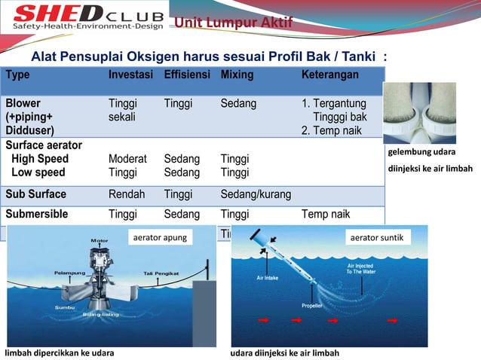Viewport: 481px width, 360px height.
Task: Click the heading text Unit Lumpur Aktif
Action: coord(233,20)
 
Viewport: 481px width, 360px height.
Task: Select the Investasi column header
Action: coord(130,75)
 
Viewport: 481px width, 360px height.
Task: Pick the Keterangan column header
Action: coord(329,75)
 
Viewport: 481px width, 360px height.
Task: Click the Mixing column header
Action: coord(237,75)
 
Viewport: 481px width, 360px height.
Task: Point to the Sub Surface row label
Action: coord(35,194)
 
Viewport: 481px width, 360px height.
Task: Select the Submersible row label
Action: coord(37,214)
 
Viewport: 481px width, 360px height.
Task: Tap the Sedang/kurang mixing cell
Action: coord(256,194)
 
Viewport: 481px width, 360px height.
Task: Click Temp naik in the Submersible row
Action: coord(326,214)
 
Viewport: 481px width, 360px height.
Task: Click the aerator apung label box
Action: coord(159,238)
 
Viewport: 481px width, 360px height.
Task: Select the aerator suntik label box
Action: coord(378,238)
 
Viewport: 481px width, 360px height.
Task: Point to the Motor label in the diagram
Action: coord(100,241)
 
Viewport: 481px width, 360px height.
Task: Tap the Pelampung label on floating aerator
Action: coord(69,272)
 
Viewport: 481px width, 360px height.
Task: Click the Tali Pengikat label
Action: coord(161,273)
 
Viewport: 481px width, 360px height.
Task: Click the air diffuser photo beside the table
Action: coord(419,114)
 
